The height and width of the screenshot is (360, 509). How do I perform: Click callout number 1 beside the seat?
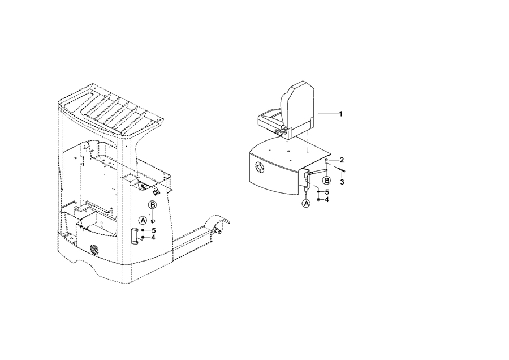[x=340, y=114]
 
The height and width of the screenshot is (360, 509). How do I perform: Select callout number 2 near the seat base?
[x=342, y=160]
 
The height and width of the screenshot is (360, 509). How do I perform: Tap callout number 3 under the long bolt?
[x=342, y=182]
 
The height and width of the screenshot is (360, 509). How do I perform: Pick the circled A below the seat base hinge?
[x=307, y=203]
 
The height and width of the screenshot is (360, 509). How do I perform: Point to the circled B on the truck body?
[x=152, y=205]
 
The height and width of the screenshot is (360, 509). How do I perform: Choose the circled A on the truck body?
[x=143, y=221]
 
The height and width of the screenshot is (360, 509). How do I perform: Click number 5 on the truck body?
[x=154, y=230]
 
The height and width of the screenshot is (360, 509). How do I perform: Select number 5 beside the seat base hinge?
[x=327, y=192]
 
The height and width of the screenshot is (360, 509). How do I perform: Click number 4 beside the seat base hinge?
[x=327, y=199]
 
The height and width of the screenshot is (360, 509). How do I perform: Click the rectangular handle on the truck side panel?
[x=135, y=235]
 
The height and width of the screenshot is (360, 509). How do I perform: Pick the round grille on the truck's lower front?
[x=94, y=250]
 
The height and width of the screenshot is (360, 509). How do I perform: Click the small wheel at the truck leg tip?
[x=218, y=232]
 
